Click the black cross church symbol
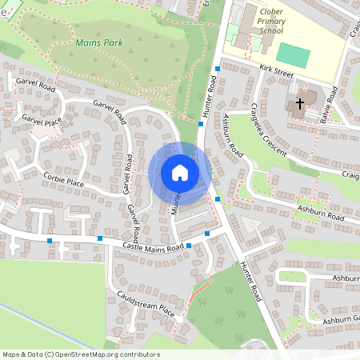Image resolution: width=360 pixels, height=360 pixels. click(x=300, y=103)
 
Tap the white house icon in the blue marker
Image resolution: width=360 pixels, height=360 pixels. click(x=180, y=172)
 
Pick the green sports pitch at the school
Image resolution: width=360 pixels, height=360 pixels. click(x=294, y=55)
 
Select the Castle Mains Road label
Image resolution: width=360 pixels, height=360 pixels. click(x=154, y=246)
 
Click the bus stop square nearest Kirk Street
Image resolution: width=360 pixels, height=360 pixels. click(x=218, y=70)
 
